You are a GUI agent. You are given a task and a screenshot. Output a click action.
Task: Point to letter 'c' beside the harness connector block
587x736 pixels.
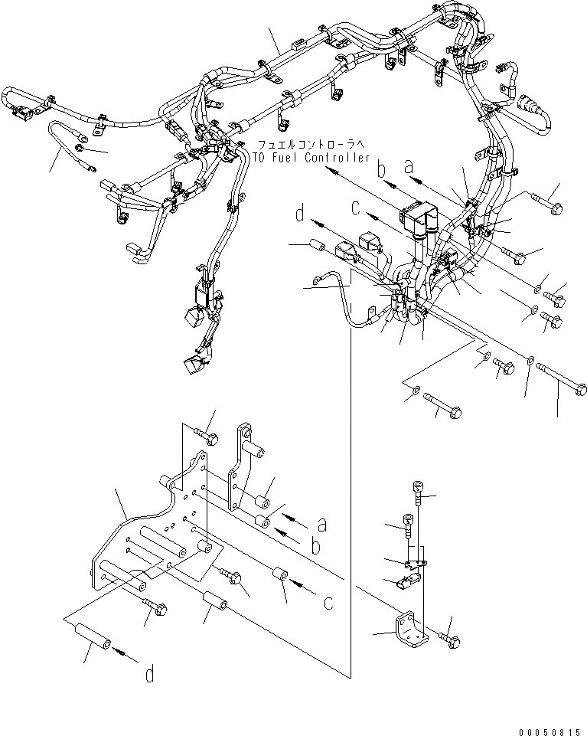356,206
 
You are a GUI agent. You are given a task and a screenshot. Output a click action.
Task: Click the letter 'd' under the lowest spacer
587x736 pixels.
150,674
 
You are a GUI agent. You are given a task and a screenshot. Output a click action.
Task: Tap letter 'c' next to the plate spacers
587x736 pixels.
328,602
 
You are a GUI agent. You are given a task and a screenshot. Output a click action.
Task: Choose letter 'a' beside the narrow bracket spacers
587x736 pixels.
323,525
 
